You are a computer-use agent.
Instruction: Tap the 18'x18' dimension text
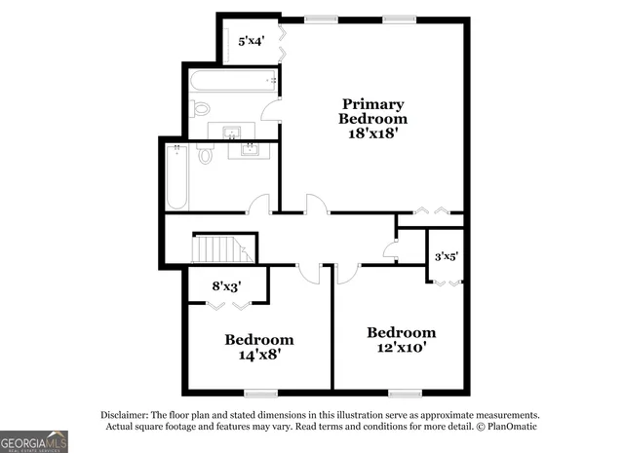(371, 134)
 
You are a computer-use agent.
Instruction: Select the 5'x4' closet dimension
(252, 41)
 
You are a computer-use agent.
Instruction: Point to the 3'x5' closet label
(446, 256)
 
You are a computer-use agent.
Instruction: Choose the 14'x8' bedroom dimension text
(259, 356)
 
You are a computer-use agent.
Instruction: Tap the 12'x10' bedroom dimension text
(401, 347)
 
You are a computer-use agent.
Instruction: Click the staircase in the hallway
(223, 249)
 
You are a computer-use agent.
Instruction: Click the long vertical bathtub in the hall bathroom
(176, 176)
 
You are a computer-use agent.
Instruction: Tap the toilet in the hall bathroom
(206, 155)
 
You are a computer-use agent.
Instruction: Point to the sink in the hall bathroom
(251, 149)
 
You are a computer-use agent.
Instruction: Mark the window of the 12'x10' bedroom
(403, 393)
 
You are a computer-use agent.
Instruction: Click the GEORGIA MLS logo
(34, 441)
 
